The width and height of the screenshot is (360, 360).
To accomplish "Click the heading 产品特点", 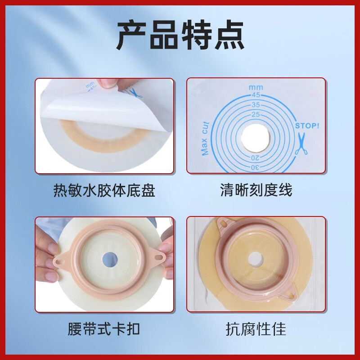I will click(x=180, y=35).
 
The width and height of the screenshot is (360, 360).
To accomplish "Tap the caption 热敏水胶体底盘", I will click(x=104, y=190).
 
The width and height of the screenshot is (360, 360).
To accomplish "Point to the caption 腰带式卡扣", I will click(x=104, y=328).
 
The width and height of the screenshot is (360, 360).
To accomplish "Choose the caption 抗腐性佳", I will click(x=256, y=328).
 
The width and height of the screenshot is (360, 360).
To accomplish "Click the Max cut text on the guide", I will click(x=206, y=138).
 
